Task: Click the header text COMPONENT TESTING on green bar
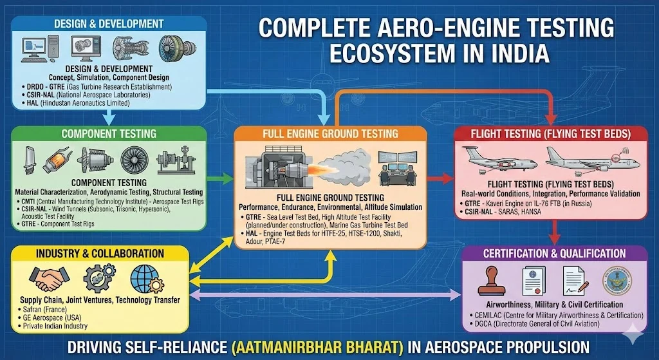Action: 108,134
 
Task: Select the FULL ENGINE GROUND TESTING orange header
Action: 330,134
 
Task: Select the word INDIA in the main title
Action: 513,53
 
